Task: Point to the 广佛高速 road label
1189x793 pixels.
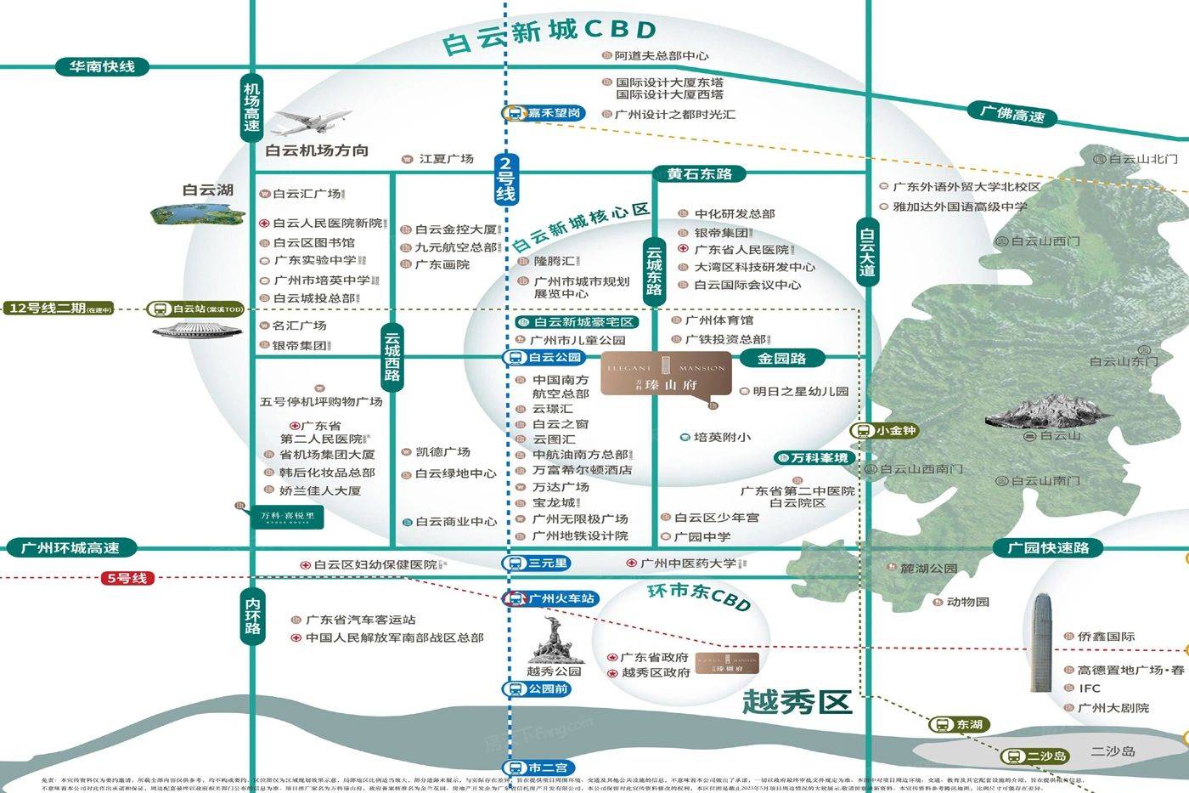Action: (1011, 114)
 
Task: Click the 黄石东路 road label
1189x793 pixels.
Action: (699, 174)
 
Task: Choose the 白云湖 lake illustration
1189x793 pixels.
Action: (198, 215)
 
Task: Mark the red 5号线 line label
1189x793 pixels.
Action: (127, 579)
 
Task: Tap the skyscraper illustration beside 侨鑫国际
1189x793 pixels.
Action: (1042, 642)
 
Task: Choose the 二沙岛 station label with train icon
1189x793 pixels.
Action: (1036, 756)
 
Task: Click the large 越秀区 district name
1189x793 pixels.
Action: (796, 702)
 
